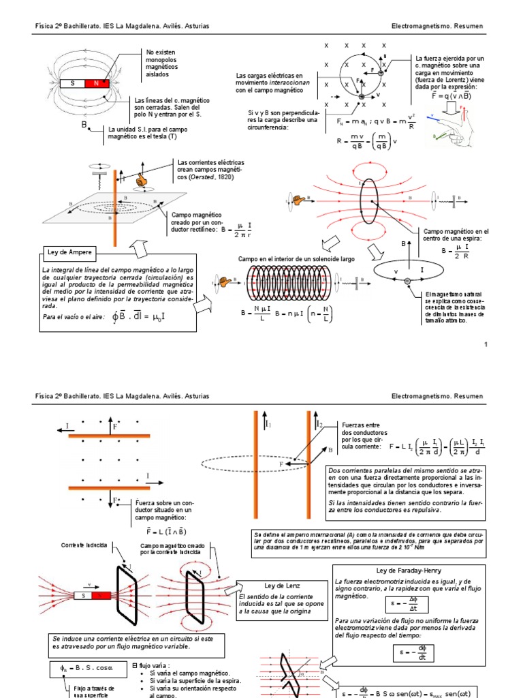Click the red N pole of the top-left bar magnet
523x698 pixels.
(97, 84)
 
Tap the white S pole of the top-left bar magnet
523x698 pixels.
(73, 84)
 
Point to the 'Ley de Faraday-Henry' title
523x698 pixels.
(409, 570)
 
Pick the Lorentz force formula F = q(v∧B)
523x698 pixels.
(446, 96)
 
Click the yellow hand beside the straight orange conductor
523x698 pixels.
(141, 181)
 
